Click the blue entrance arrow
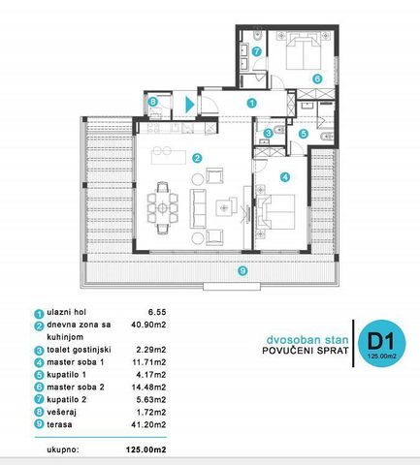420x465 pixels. [x=189, y=105]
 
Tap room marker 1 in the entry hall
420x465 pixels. [x=251, y=103]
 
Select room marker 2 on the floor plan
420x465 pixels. [x=197, y=158]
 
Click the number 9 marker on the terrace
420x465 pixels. [x=242, y=270]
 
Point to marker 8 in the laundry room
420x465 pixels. [x=152, y=102]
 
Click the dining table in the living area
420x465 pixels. [x=163, y=207]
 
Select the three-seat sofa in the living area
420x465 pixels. [x=198, y=208]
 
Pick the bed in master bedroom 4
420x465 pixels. [x=275, y=212]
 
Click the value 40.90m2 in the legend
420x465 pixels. [x=148, y=325]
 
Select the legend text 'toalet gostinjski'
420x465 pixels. [x=79, y=350]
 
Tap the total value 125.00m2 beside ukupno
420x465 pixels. [x=146, y=449]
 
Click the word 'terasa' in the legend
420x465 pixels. [x=59, y=424]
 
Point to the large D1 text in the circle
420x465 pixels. [x=381, y=341]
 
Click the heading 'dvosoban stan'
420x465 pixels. [x=307, y=340]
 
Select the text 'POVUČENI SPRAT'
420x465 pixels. [x=306, y=351]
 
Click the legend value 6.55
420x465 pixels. [x=157, y=312]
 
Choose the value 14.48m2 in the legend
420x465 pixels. [x=148, y=387]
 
